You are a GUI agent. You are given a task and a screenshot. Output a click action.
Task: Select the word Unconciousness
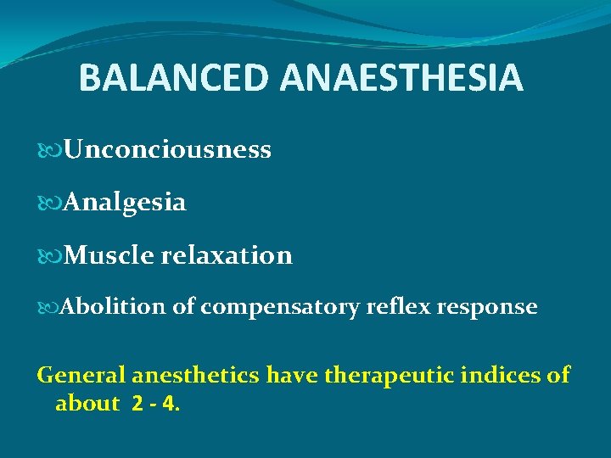[x=167, y=150]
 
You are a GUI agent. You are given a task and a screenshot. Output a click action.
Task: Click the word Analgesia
[x=125, y=203]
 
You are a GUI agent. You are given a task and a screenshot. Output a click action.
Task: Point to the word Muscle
[x=104, y=255]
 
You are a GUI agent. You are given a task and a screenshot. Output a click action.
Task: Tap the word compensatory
[x=280, y=308]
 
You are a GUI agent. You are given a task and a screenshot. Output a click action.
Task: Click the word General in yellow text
[x=77, y=374]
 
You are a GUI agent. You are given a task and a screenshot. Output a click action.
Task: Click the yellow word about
[x=87, y=403]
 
